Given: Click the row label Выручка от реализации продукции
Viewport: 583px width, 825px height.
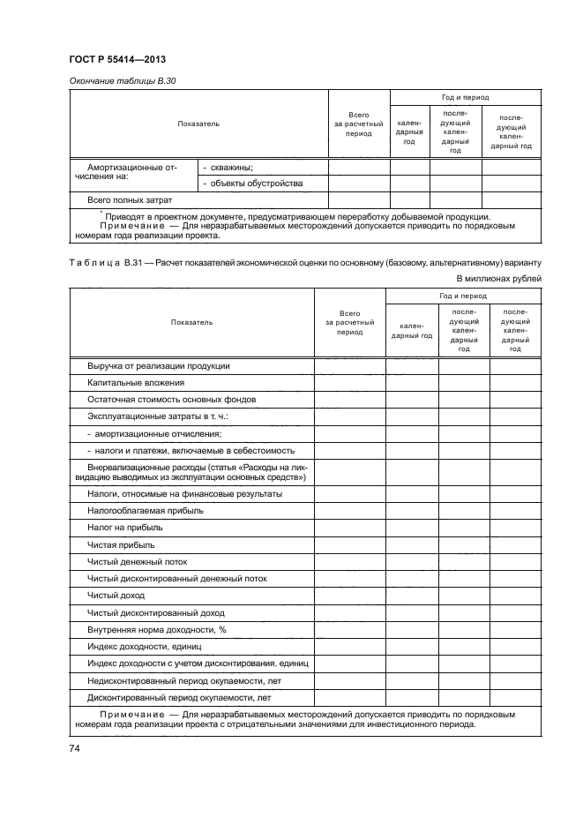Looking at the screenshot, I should (x=159, y=365).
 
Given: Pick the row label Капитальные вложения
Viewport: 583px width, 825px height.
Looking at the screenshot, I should (x=135, y=382).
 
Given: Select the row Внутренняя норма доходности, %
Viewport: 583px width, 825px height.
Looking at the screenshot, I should (x=157, y=629).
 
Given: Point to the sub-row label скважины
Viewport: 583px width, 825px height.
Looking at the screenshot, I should (x=228, y=167).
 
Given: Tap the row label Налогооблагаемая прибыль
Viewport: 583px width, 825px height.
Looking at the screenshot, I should (x=145, y=510).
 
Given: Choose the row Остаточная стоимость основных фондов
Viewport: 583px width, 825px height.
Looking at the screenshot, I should (x=171, y=399).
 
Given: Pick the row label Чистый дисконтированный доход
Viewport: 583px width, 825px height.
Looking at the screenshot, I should (x=155, y=612).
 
